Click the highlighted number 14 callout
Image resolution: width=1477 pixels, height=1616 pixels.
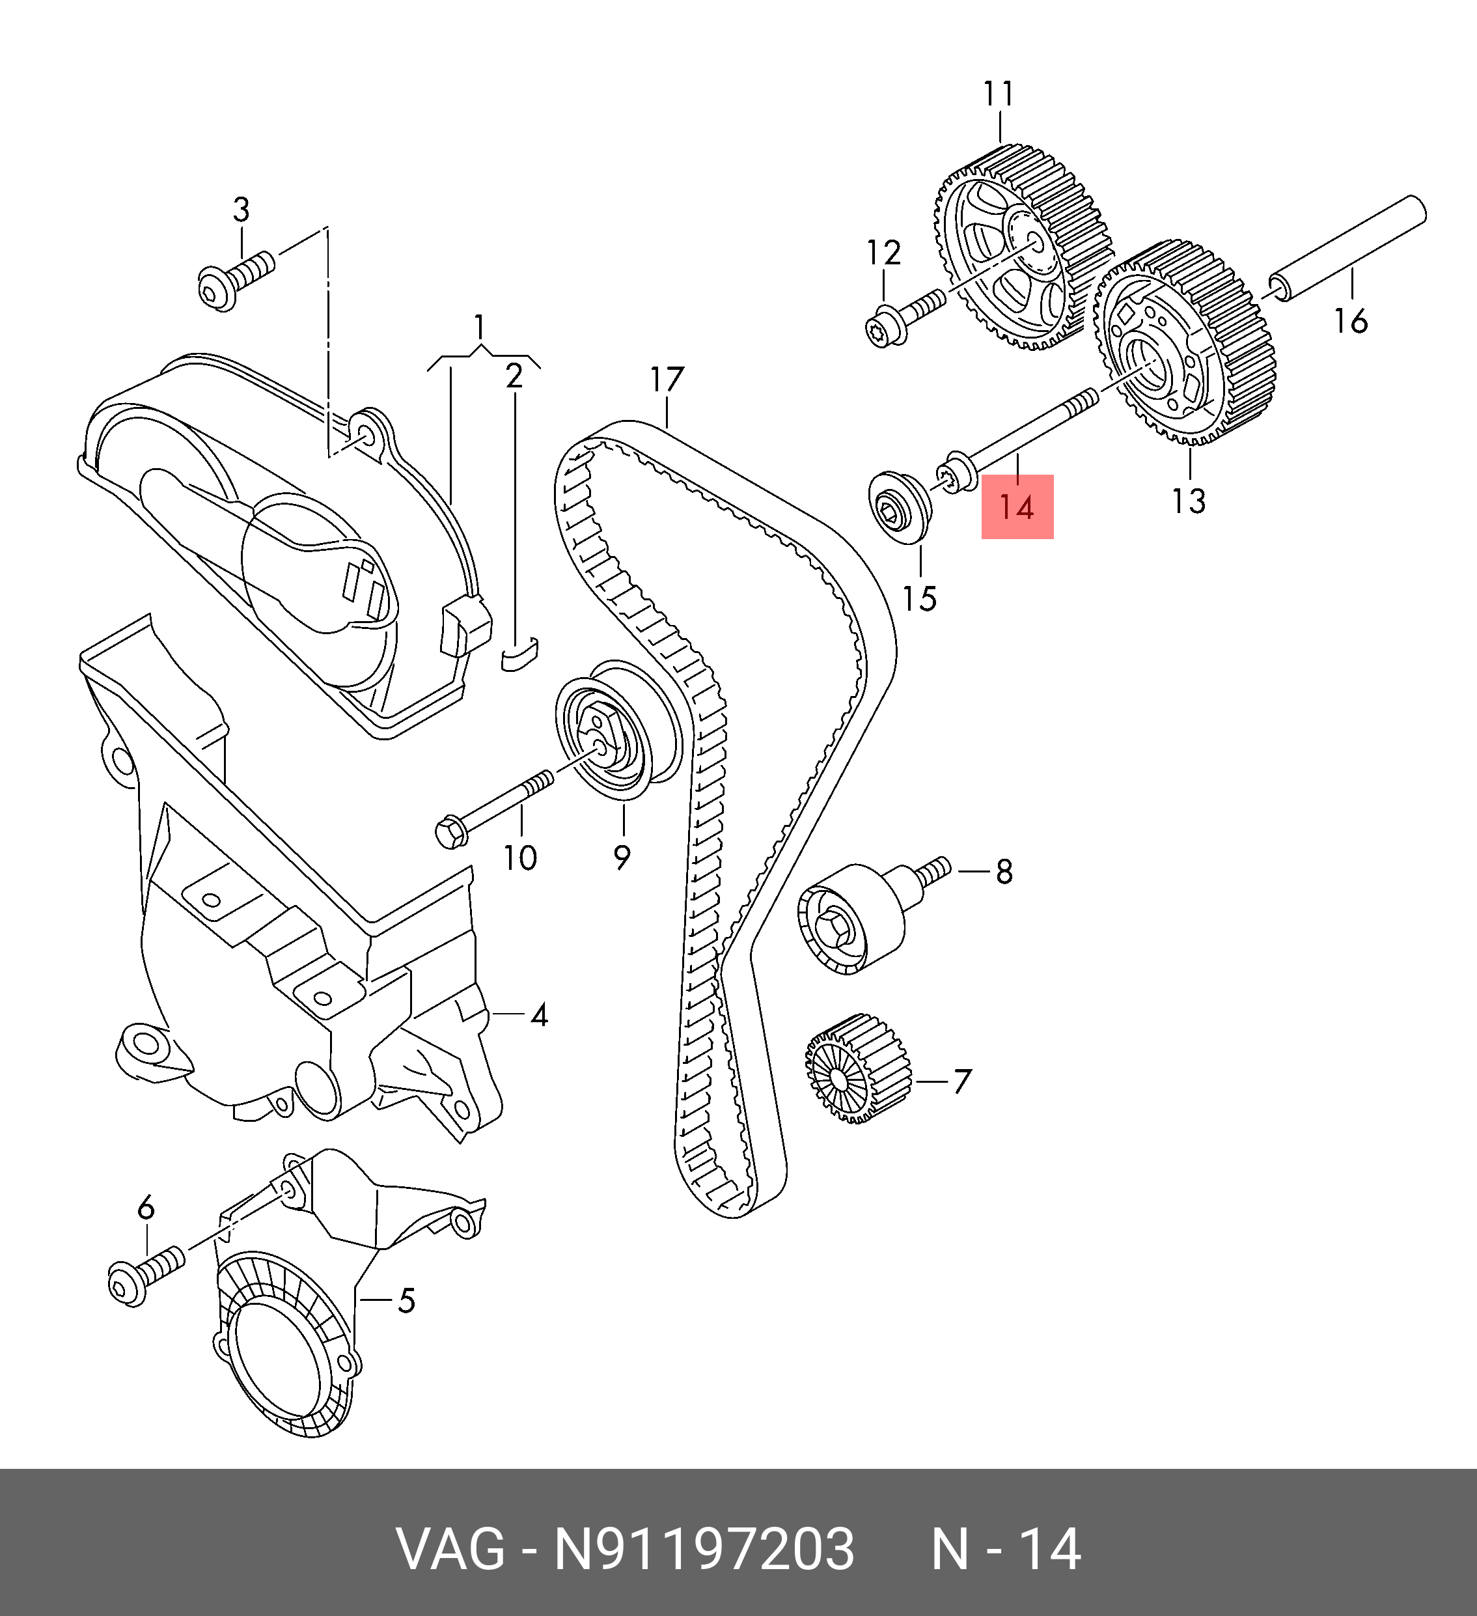click(1017, 507)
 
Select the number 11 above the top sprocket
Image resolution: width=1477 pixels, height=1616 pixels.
click(999, 94)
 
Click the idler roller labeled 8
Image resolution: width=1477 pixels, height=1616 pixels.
click(853, 919)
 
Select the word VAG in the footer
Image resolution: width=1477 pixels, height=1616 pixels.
click(451, 1549)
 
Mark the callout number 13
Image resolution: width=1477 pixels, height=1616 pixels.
click(1188, 501)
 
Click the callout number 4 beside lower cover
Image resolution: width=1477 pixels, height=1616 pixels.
click(540, 1016)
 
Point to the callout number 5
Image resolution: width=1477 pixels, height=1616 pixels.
click(406, 1301)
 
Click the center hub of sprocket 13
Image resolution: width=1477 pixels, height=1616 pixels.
click(1144, 365)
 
